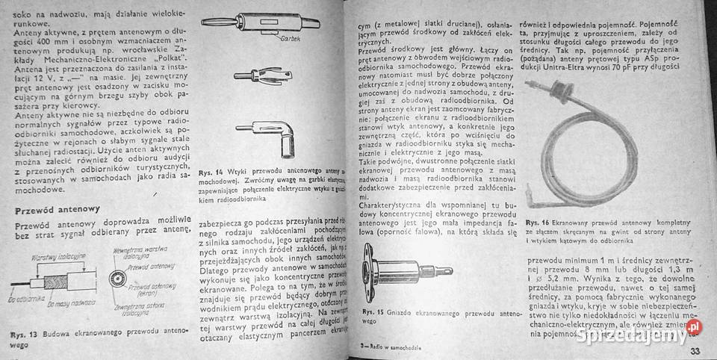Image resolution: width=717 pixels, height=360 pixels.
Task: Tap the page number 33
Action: point(695,352)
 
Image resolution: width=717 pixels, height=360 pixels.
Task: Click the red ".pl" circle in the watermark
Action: point(694,327)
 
